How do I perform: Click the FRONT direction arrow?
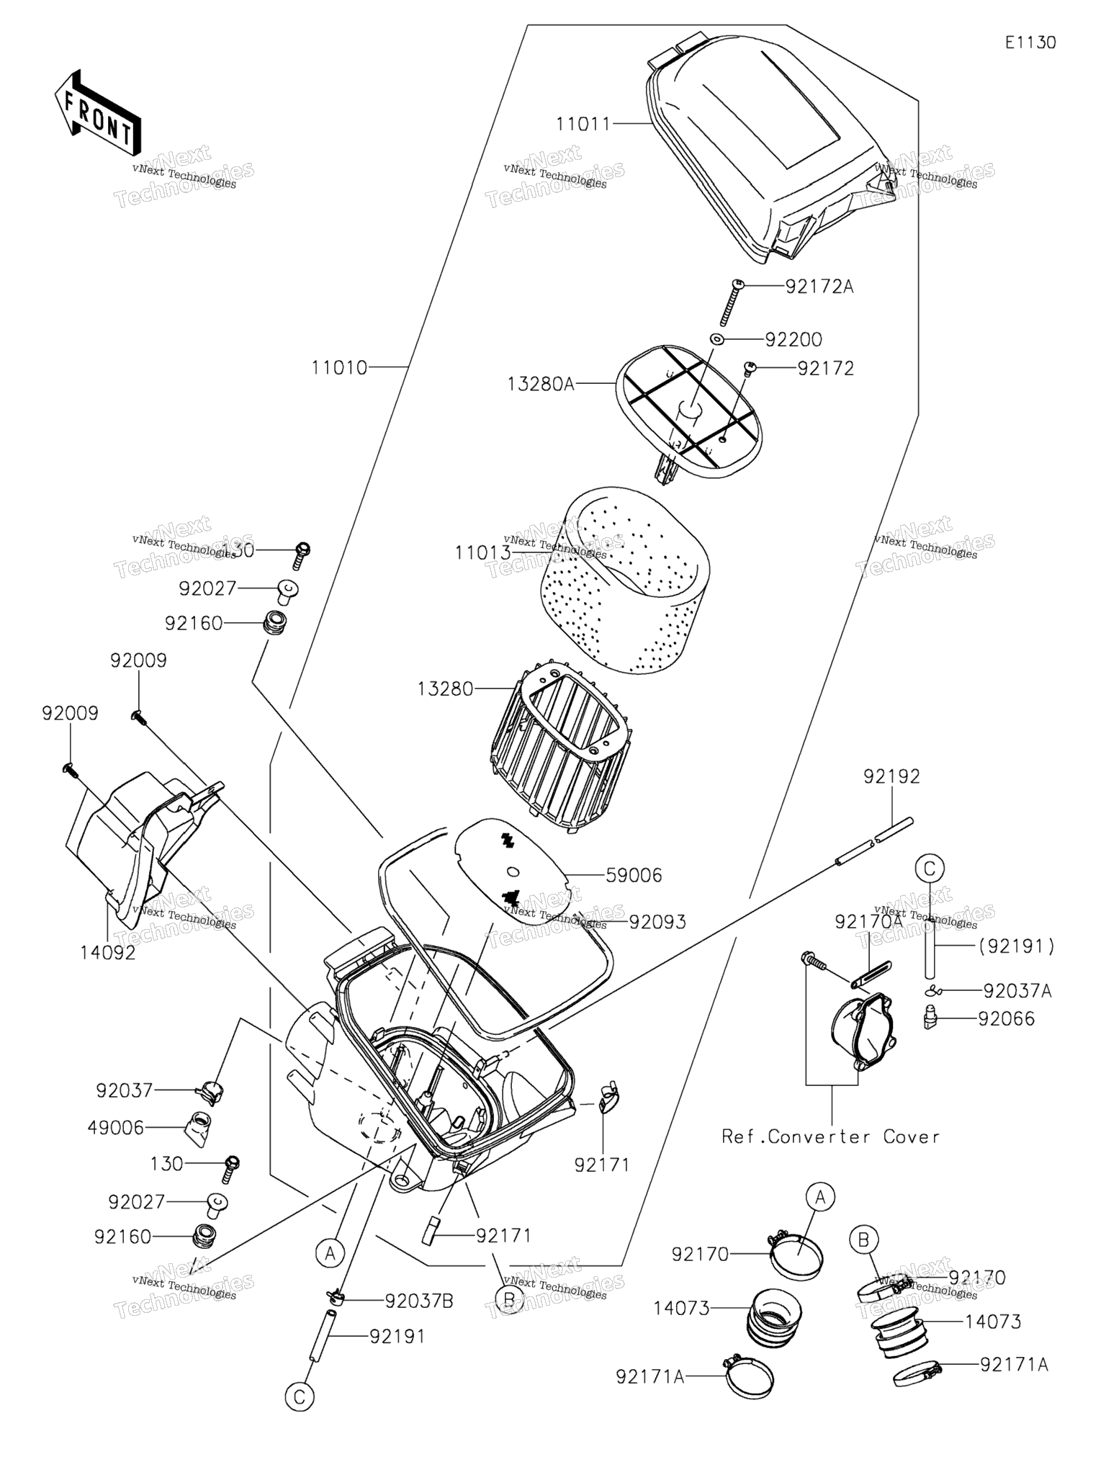[x=96, y=114]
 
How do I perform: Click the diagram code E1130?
[x=1030, y=42]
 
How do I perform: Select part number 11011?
[x=583, y=125]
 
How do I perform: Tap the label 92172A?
[x=819, y=287]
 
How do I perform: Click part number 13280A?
[x=541, y=384]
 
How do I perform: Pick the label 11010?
[x=339, y=368]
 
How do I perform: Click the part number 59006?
[x=634, y=876]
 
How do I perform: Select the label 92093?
[x=657, y=922]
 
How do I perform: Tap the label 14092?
[x=108, y=953]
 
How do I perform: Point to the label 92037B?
[x=419, y=1301]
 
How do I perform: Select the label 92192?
[x=892, y=776]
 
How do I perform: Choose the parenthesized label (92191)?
[x=1016, y=946]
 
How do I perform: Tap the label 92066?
[x=1006, y=1018]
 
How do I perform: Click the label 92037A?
[x=1017, y=992]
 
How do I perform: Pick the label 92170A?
[x=869, y=922]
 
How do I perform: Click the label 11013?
[x=482, y=553]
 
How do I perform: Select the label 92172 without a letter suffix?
[x=826, y=369]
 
